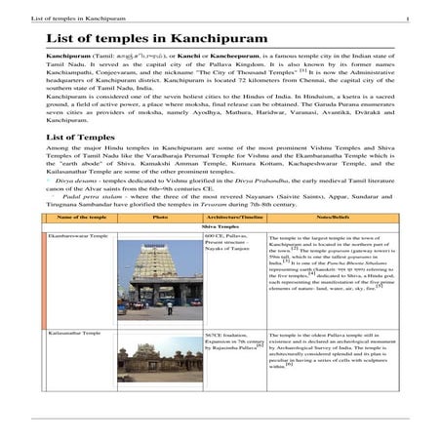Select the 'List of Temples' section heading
(x=80, y=138)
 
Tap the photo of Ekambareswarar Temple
(x=160, y=280)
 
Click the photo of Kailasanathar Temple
(x=160, y=359)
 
